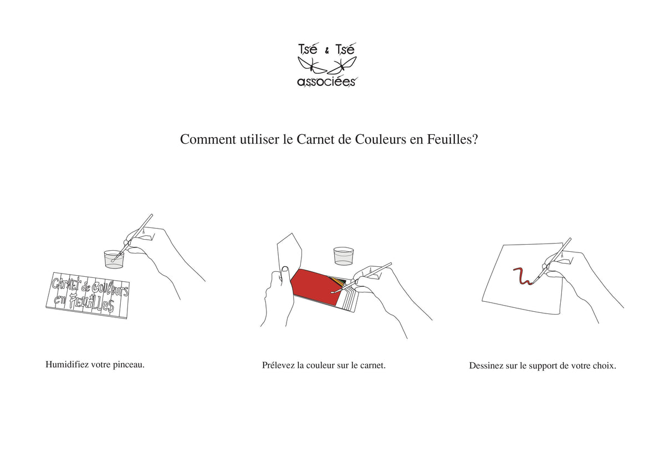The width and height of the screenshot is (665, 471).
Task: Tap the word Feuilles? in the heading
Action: (x=453, y=139)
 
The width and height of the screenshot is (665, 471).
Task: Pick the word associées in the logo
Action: (x=326, y=82)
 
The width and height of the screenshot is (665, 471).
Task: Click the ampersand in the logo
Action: (x=327, y=52)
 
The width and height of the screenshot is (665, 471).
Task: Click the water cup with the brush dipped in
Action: (x=114, y=259)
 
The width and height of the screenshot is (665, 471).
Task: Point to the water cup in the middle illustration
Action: (x=344, y=256)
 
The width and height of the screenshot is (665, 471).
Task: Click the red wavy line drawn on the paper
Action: (x=523, y=276)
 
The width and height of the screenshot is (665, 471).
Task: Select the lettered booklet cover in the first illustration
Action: (x=88, y=295)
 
